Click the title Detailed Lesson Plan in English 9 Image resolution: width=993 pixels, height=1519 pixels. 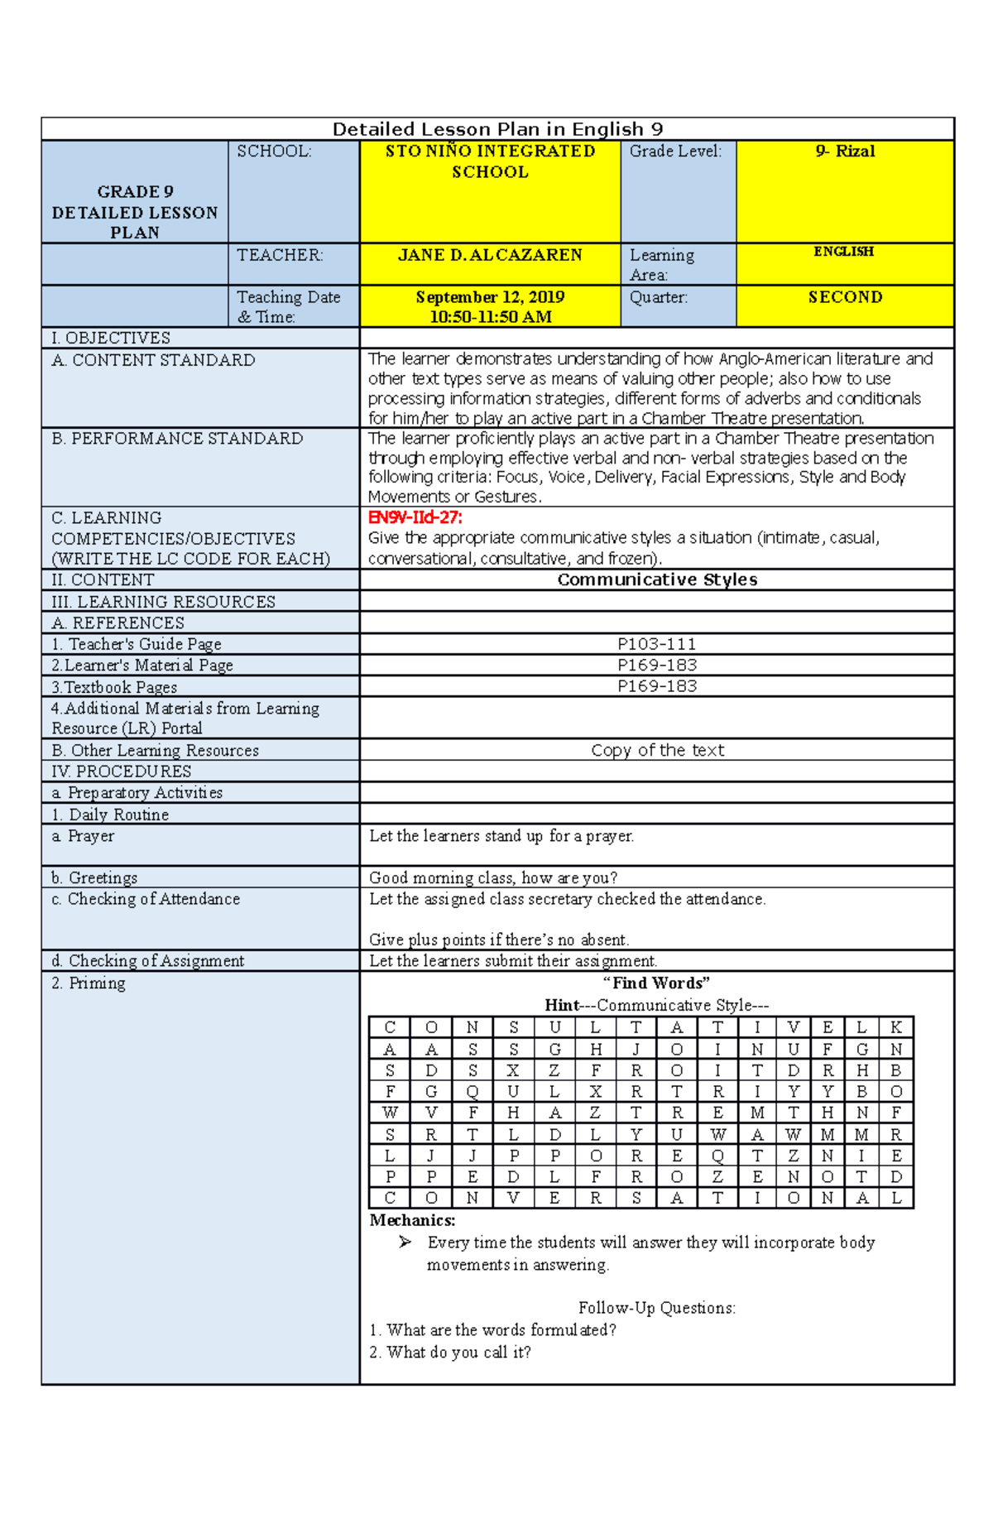point(497,129)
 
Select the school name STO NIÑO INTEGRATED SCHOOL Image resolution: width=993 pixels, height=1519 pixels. point(490,161)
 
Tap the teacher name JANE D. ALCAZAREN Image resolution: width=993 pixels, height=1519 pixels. point(490,255)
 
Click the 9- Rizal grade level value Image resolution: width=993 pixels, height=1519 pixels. point(844,151)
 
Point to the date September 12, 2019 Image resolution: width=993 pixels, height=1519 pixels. point(490,297)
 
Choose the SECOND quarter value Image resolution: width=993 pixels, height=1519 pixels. point(845,297)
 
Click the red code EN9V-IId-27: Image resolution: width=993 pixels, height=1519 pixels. point(415,518)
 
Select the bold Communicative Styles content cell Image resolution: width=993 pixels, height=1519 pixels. point(657,579)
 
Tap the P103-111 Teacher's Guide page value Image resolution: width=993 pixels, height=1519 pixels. point(657,644)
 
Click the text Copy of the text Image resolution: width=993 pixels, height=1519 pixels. point(657,750)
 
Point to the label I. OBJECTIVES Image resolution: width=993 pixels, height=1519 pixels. point(110,338)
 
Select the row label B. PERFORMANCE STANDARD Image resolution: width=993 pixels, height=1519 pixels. point(177,439)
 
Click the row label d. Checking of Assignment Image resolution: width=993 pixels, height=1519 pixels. point(147,961)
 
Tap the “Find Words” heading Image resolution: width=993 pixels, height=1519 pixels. point(657,983)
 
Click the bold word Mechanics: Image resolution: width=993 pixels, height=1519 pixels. point(412,1220)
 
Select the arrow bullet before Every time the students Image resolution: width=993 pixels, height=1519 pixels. point(405,1242)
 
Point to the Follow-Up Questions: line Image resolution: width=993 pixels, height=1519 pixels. point(657,1308)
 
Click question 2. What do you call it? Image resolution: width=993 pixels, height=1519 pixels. point(450,1353)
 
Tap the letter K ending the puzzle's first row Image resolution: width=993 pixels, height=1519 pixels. point(895,1028)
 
